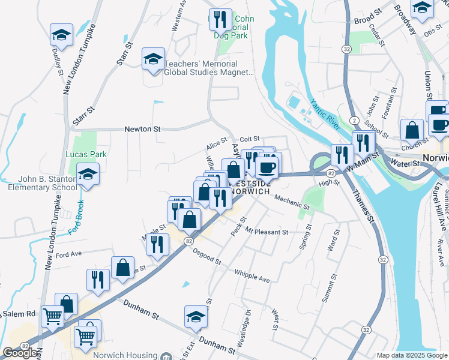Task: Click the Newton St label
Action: click(x=143, y=128)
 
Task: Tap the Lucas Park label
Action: click(x=86, y=154)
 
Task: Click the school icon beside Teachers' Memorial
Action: click(x=153, y=59)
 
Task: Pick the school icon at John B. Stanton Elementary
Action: click(x=88, y=175)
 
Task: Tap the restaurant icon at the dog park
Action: click(x=220, y=20)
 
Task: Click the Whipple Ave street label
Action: click(x=252, y=275)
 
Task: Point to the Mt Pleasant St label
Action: click(x=267, y=232)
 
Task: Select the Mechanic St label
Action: click(x=291, y=202)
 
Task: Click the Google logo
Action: click(x=20, y=353)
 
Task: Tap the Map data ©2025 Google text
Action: click(x=412, y=355)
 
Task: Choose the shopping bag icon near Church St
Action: click(x=412, y=130)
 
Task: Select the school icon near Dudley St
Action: click(x=61, y=35)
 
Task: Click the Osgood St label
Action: click(x=208, y=257)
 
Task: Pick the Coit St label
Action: click(x=249, y=139)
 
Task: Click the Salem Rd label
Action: click(x=22, y=314)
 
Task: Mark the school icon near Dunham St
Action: click(x=196, y=317)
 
